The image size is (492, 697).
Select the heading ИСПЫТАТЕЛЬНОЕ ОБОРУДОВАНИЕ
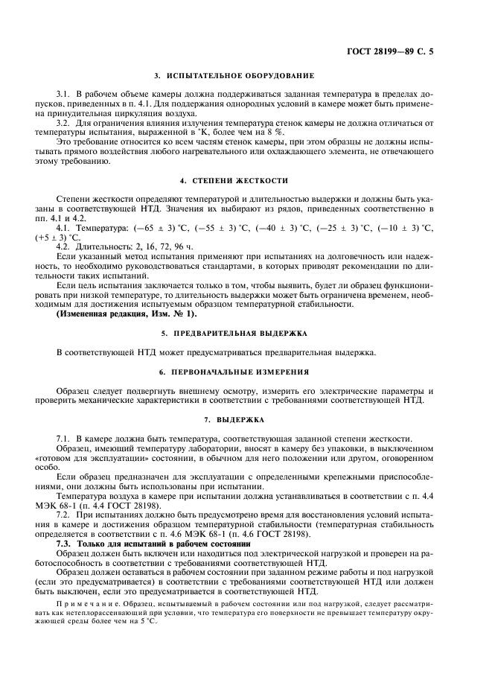pyautogui.click(x=234, y=76)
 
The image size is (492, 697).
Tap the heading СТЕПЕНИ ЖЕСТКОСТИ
pyautogui.click(x=234, y=182)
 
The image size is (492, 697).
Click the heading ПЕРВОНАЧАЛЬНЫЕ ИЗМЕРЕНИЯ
pyautogui.click(x=234, y=371)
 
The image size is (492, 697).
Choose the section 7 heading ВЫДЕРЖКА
pyautogui.click(x=234, y=419)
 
